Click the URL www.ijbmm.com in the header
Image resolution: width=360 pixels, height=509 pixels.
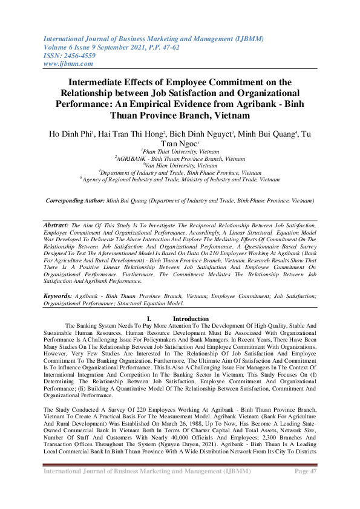pos(68,63)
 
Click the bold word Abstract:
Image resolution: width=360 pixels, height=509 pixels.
pos(56,224)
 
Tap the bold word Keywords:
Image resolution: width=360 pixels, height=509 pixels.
pos(58,296)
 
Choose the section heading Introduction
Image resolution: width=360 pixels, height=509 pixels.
pos(191,319)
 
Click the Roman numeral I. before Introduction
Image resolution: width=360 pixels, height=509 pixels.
pos(149,319)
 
